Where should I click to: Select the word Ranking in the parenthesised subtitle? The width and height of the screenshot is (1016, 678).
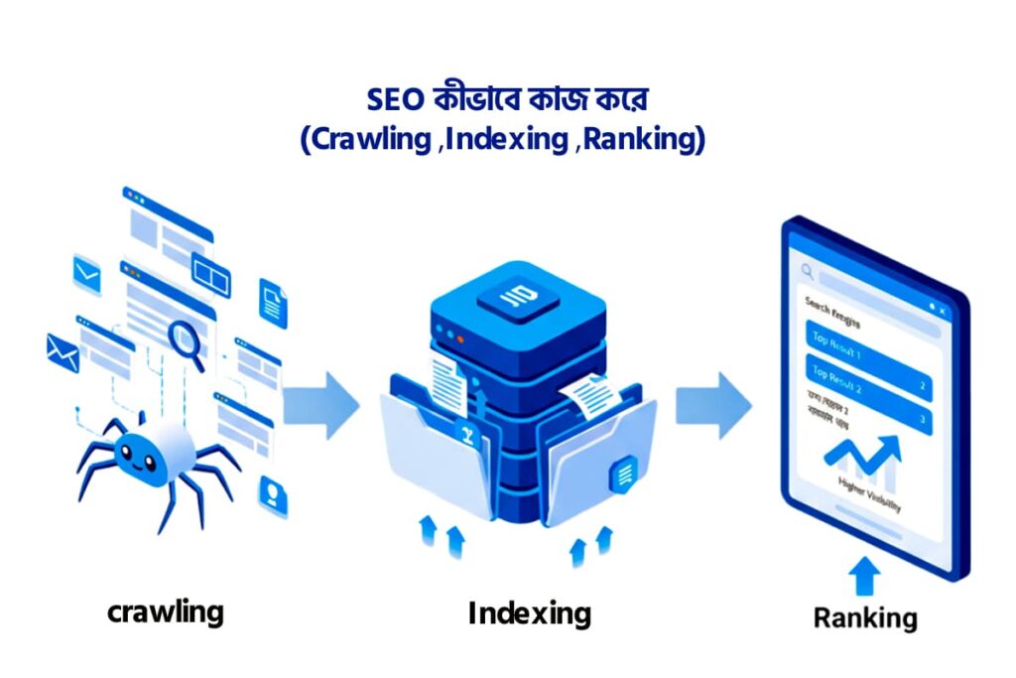[640, 140]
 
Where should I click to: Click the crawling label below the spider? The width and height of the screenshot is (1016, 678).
[166, 611]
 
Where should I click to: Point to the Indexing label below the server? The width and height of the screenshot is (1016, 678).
[529, 612]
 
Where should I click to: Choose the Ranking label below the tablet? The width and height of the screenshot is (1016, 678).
[864, 617]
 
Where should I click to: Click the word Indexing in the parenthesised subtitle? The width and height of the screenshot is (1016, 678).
[504, 140]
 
